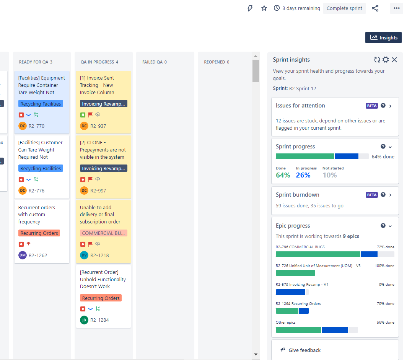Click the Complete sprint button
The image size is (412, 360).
[344, 8]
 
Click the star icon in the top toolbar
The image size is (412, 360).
[264, 8]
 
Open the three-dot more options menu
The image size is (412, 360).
[396, 8]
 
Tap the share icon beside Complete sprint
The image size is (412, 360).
[375, 8]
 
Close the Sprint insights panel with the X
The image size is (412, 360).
[394, 60]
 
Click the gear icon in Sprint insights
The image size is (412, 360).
[386, 60]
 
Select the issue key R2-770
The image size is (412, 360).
[36, 126]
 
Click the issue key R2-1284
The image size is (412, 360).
[99, 320]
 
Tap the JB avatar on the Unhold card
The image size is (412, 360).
[84, 320]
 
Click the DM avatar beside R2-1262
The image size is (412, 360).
[23, 255]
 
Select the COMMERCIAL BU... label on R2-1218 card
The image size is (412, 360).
[103, 233]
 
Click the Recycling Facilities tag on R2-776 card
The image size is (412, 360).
[41, 169]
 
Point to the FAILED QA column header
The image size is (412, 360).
[154, 62]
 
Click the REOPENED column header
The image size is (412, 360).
[217, 62]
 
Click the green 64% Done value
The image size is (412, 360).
[283, 175]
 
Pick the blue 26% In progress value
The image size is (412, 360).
[303, 175]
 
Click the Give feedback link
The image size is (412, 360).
[305, 350]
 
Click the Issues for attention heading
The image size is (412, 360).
[300, 106]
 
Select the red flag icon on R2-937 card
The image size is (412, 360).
[91, 114]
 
